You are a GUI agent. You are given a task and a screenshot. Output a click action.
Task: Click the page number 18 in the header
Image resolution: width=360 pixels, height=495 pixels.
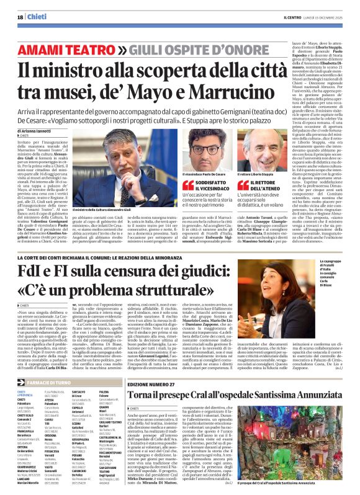pyautogui.click(x=19, y=17)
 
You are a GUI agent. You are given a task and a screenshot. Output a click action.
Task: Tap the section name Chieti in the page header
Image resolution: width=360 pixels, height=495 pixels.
pyautogui.click(x=39, y=17)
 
